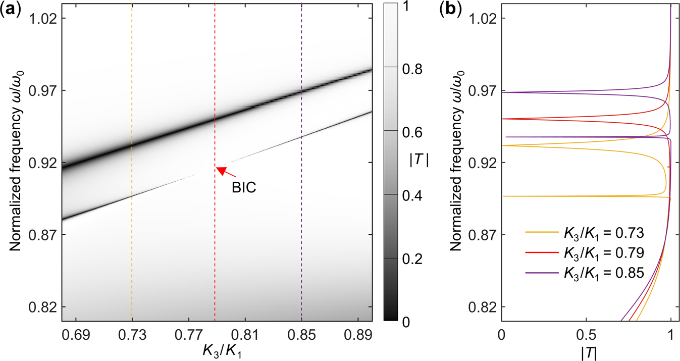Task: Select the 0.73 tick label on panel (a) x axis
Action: (132, 333)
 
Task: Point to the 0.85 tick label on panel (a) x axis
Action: (301, 333)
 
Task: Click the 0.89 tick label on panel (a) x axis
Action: (358, 333)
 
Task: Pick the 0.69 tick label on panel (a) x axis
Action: (76, 333)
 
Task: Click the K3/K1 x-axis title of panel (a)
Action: (217, 350)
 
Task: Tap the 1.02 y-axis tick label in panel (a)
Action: (43, 18)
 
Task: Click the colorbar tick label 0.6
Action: (407, 132)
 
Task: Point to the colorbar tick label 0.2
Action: (407, 259)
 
